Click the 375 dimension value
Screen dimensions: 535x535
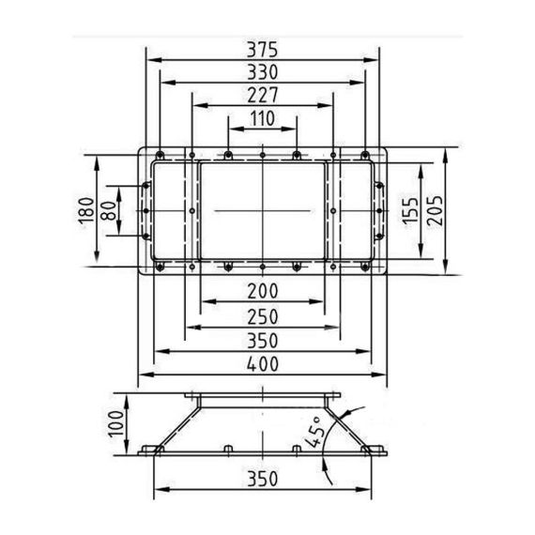click(263, 50)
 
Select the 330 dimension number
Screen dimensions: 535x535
click(263, 72)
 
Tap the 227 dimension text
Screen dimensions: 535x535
click(263, 95)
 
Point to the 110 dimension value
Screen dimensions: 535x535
click(263, 118)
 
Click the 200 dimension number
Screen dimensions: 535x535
click(263, 291)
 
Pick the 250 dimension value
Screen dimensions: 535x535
click(263, 317)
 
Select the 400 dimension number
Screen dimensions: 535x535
click(263, 364)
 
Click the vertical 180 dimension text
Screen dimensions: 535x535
click(86, 210)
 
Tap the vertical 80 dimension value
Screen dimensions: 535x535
click(109, 211)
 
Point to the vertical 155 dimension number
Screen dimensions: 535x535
click(410, 211)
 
